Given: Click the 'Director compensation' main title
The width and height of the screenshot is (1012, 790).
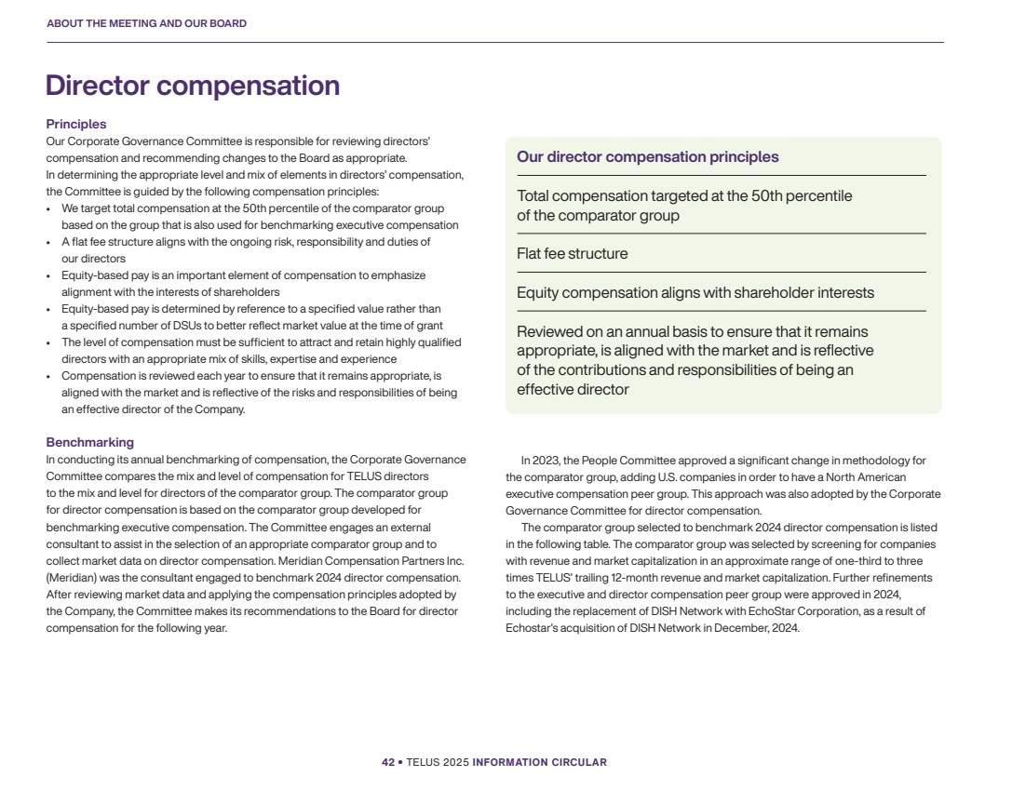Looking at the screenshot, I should coord(193,86).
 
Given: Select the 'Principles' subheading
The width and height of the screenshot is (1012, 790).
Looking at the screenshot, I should coord(76,124).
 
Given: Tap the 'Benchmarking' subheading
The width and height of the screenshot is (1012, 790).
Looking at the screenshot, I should coord(90,442).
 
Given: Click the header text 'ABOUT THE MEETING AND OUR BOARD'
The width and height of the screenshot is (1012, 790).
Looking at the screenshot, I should coord(146,23).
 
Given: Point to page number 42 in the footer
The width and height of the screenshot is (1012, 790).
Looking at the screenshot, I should coord(387,762).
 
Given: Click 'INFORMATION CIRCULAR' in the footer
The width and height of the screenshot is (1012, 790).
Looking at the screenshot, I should coord(539,762).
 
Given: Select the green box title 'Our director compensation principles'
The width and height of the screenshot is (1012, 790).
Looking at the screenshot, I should coord(647,156).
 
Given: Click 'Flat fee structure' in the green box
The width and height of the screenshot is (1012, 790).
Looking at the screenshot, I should coord(572,253).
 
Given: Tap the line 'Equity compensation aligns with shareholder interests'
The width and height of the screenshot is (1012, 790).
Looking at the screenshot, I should coord(695,292).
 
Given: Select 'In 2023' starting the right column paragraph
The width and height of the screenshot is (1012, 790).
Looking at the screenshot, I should coord(539,460).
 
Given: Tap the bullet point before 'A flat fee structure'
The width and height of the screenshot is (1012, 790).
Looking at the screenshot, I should coord(49,242).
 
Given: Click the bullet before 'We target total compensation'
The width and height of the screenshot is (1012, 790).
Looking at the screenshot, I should coord(49,208).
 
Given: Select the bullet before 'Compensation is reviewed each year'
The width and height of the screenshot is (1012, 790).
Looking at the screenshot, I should coord(49,376).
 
